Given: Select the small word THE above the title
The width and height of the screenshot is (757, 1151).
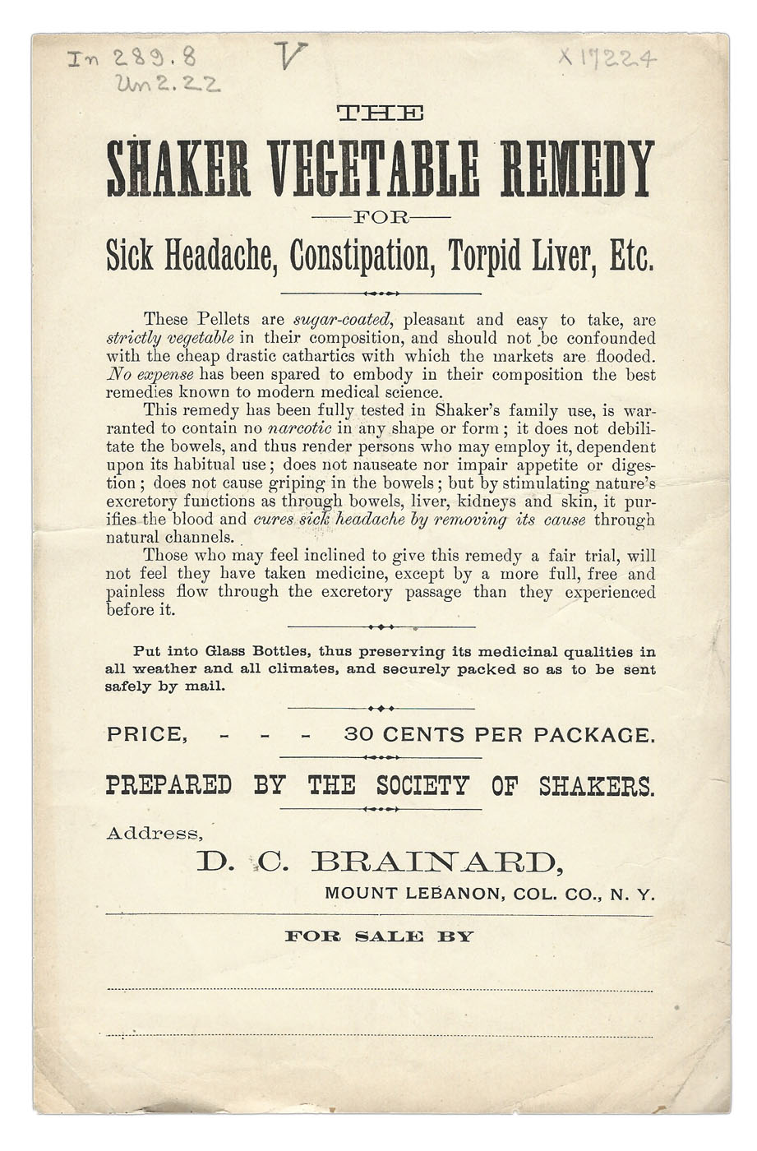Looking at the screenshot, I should (x=381, y=113).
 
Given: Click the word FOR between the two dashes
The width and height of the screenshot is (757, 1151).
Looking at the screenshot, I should (x=381, y=218).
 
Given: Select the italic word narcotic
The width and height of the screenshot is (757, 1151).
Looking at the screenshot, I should (x=300, y=429).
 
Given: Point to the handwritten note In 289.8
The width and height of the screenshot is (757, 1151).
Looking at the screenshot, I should (x=132, y=58).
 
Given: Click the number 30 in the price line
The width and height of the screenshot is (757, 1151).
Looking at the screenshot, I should (x=358, y=735).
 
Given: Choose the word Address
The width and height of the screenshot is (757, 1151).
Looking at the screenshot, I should (x=154, y=834).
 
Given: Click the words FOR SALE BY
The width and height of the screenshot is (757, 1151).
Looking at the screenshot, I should (x=379, y=936).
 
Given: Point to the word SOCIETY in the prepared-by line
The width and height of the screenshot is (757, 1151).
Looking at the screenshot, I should (x=422, y=786).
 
